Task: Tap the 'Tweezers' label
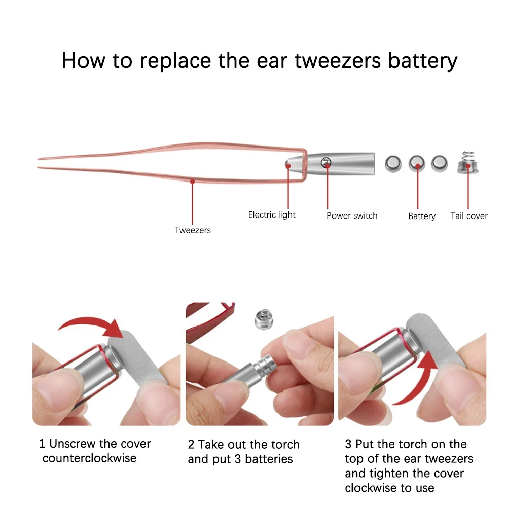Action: [192, 230]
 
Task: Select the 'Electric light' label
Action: [272, 214]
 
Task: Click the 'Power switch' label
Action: [352, 215]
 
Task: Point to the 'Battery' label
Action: [422, 216]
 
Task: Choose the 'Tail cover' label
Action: [469, 215]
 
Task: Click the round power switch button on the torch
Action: [326, 163]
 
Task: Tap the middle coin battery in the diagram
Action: [417, 164]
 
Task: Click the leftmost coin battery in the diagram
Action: [393, 164]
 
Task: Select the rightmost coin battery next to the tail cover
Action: [440, 163]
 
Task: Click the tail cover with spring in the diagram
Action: [467, 163]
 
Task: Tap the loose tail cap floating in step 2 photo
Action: [264, 320]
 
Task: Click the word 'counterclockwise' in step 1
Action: [89, 458]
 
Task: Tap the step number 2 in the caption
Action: [191, 445]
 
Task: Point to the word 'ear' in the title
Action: [272, 61]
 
